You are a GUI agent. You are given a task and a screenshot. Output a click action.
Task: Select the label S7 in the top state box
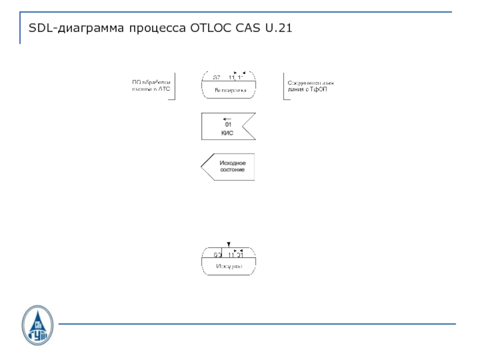pos(217,77)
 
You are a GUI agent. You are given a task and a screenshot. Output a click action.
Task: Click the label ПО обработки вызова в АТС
pos(152,86)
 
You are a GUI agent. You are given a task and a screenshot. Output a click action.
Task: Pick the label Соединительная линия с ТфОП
pos(310,86)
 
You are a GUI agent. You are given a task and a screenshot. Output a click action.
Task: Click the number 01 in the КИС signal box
pos(228,125)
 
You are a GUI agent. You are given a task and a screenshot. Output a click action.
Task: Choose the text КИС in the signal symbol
pos(227,133)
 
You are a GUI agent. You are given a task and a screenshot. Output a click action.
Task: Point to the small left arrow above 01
pos(226,119)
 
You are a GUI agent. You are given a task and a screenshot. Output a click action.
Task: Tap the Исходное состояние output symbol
pos(228,166)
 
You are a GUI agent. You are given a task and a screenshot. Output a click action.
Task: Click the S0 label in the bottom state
pos(217,256)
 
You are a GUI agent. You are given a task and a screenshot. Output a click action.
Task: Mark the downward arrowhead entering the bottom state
pos(228,244)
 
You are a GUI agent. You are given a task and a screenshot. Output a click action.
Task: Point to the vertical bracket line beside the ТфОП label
pos(283,86)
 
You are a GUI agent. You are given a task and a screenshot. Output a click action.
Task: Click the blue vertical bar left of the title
pos(20,28)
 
